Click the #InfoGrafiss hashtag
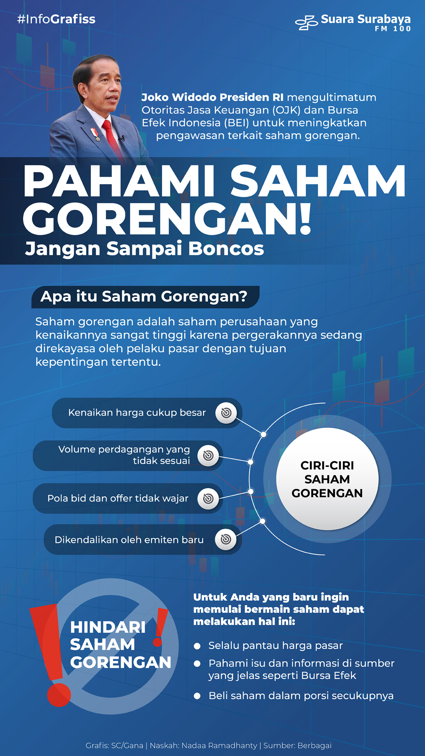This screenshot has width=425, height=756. pyautogui.click(x=56, y=19)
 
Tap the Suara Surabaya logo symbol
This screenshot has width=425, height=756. pyautogui.click(x=307, y=23)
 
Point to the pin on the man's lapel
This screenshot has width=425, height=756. pyautogui.click(x=95, y=134)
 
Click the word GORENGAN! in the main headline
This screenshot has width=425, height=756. pyautogui.click(x=168, y=219)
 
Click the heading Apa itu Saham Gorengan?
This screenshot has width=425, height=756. pyautogui.click(x=144, y=296)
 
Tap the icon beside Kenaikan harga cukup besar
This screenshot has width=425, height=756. pyautogui.click(x=226, y=413)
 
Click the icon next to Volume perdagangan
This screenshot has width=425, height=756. pyautogui.click(x=208, y=456)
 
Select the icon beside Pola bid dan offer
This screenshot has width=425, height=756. pyautogui.click(x=208, y=498)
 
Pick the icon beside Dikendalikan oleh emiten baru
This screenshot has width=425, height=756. pyautogui.click(x=226, y=539)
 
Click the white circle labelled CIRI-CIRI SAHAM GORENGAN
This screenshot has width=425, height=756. pyautogui.click(x=327, y=479)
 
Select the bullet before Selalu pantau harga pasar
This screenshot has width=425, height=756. pyautogui.click(x=197, y=646)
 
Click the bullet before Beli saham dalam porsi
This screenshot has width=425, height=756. pyautogui.click(x=197, y=696)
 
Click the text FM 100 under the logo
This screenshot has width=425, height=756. pyautogui.click(x=393, y=29)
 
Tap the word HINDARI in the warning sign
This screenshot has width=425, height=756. pyautogui.click(x=108, y=627)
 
